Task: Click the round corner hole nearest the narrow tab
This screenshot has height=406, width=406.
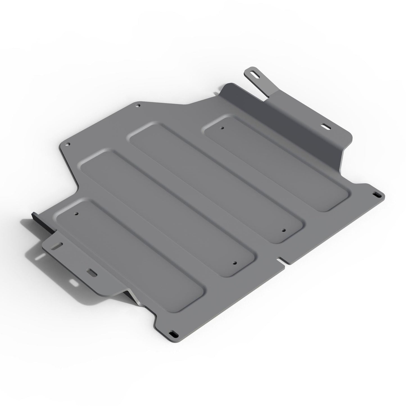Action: (138, 106)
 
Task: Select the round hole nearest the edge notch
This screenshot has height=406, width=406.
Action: (283, 230)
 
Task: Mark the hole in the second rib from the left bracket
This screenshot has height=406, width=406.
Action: (235, 263)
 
